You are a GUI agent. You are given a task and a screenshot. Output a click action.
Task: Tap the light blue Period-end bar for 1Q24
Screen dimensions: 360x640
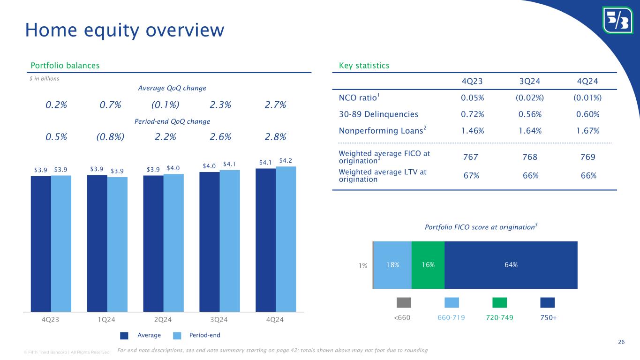(x=117, y=244)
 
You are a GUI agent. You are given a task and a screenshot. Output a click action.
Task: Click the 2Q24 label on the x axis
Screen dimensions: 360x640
(x=163, y=320)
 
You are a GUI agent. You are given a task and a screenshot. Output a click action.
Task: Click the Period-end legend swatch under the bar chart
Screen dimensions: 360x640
(x=177, y=335)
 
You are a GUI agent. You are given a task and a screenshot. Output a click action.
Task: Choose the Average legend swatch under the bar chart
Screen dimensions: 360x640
(x=125, y=335)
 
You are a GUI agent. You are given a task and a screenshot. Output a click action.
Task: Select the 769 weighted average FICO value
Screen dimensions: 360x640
(x=588, y=157)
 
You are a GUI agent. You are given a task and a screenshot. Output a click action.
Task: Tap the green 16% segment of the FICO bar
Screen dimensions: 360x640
(x=428, y=265)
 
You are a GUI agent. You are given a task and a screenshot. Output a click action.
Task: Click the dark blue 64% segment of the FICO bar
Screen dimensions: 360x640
(x=511, y=265)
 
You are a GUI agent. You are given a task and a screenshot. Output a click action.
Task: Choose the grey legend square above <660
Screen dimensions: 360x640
(x=404, y=302)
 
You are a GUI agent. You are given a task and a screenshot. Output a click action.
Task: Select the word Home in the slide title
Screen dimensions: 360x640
(x=48, y=30)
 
